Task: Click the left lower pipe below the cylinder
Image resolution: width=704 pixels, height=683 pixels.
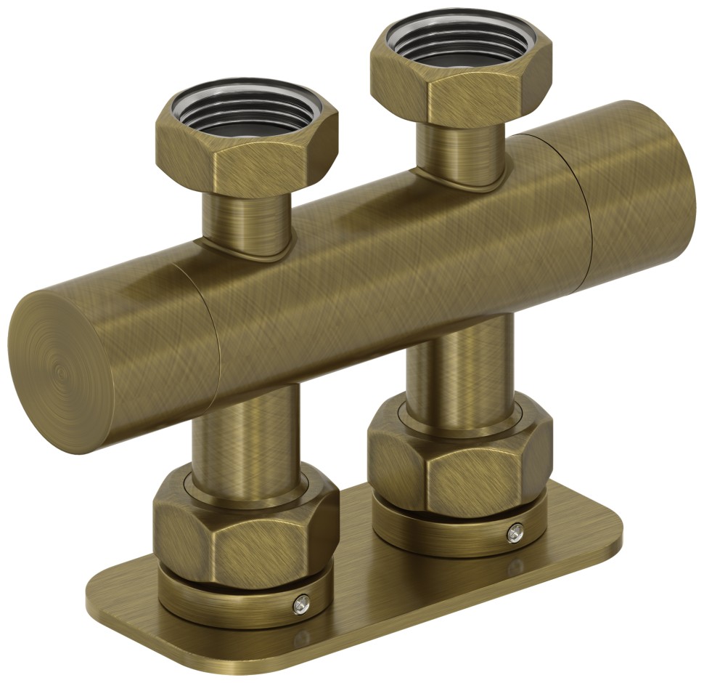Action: click(x=247, y=436)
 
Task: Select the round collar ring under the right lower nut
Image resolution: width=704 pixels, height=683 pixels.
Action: click(x=450, y=534)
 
